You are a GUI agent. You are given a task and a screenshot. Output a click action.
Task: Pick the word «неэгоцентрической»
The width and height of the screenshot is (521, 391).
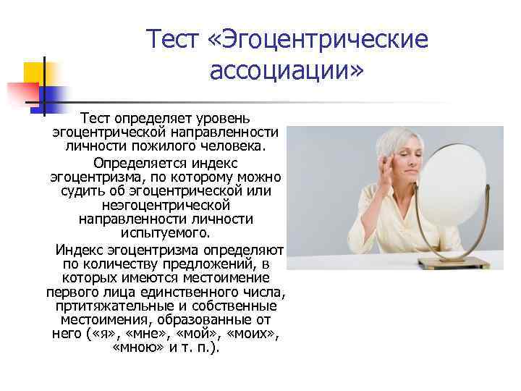166,205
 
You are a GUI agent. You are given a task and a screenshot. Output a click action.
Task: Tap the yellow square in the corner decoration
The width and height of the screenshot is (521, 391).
33,72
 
